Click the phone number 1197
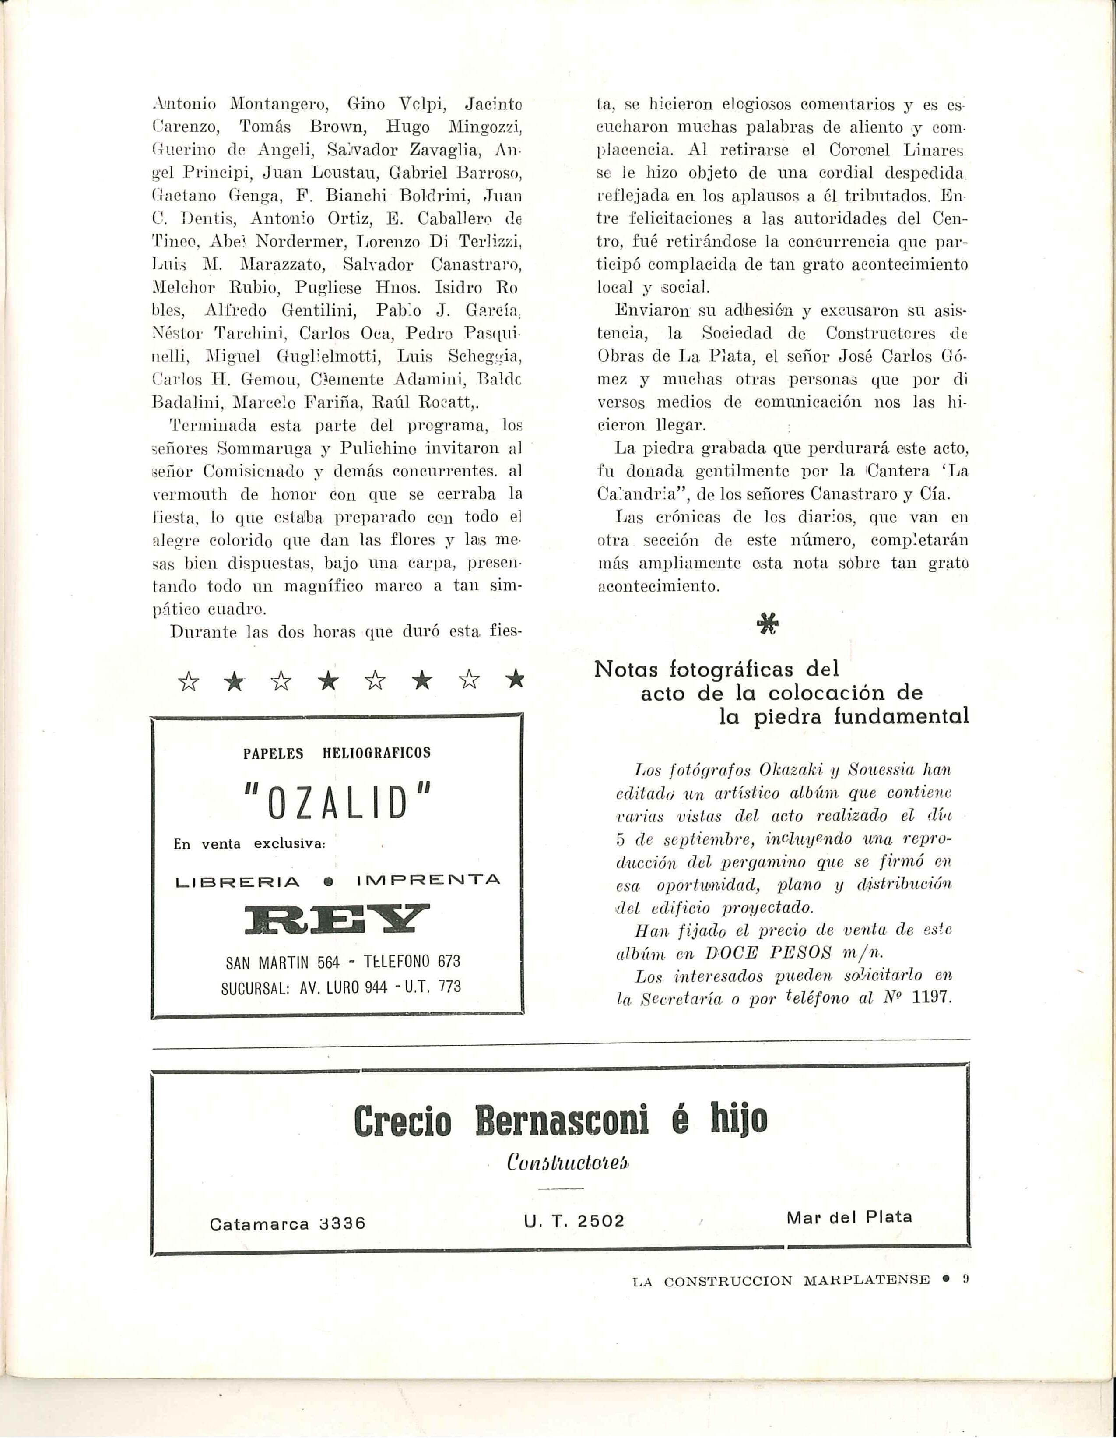[933, 997]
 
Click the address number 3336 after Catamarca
[341, 1223]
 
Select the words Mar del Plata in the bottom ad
[849, 1217]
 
